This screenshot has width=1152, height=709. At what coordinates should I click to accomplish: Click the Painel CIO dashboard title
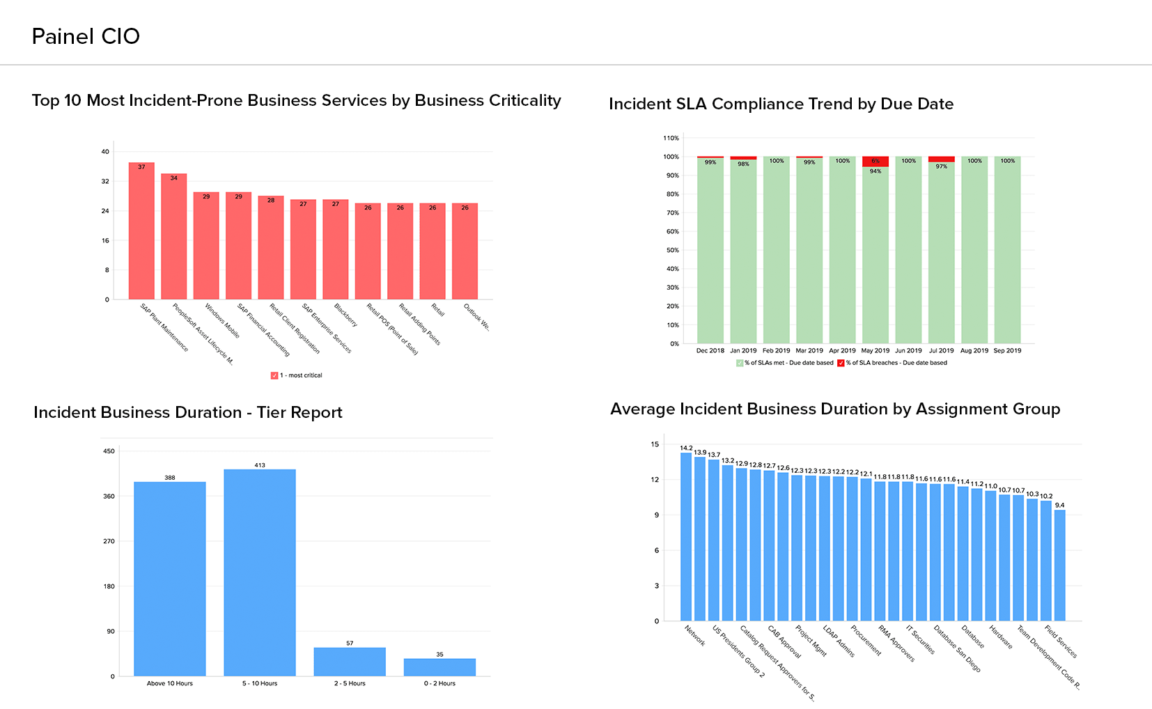pyautogui.click(x=86, y=36)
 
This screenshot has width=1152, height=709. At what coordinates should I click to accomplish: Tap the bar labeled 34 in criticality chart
pyautogui.click(x=174, y=237)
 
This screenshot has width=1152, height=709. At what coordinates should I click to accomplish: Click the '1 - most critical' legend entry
pyautogui.click(x=297, y=375)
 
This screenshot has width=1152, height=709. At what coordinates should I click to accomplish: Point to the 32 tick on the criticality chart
pyautogui.click(x=106, y=181)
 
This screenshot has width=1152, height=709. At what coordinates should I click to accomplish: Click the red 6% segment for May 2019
pyautogui.click(x=875, y=162)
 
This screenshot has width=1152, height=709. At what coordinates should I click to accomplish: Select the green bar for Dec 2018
pyautogui.click(x=710, y=251)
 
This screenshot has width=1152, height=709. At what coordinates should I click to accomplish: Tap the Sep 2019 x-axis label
pyautogui.click(x=1007, y=351)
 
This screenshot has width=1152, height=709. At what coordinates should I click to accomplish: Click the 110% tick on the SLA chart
pyautogui.click(x=671, y=138)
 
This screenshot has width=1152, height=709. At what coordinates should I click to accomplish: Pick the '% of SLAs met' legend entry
pyautogui.click(x=785, y=363)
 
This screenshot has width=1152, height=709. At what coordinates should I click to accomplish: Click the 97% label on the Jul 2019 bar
pyautogui.click(x=942, y=166)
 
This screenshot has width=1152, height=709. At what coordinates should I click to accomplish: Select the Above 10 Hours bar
pyautogui.click(x=170, y=578)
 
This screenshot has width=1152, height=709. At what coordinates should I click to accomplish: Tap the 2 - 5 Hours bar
pyautogui.click(x=350, y=662)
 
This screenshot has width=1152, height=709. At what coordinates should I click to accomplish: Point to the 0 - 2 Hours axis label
pyautogui.click(x=439, y=684)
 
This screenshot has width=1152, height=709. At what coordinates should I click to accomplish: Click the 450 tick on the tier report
pyautogui.click(x=109, y=451)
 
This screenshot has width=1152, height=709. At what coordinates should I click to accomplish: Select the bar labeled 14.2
pyautogui.click(x=686, y=536)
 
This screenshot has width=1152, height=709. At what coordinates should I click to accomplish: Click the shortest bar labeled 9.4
pyautogui.click(x=1059, y=565)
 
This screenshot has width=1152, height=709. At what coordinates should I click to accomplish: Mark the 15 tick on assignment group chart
pyautogui.click(x=655, y=444)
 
